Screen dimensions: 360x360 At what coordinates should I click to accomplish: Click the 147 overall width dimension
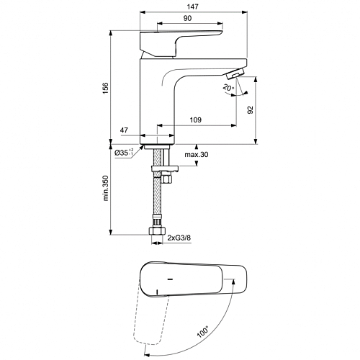pos(193,6)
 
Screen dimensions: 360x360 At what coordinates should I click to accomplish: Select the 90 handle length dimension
pos(187,18)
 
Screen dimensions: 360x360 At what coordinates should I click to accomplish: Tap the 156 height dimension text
pos(105,88)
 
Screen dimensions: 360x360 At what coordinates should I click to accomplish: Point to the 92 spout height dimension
pos(250,110)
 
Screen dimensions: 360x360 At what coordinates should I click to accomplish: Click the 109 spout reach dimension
pos(196,120)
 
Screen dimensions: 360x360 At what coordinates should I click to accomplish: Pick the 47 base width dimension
pos(124,130)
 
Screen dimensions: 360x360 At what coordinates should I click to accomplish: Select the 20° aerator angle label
pos(228,88)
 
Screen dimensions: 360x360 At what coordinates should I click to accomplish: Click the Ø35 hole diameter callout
pos(124,152)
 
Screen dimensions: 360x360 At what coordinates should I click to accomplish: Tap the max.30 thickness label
pos(197,155)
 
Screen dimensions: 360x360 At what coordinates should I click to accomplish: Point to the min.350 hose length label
pos(106,188)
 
